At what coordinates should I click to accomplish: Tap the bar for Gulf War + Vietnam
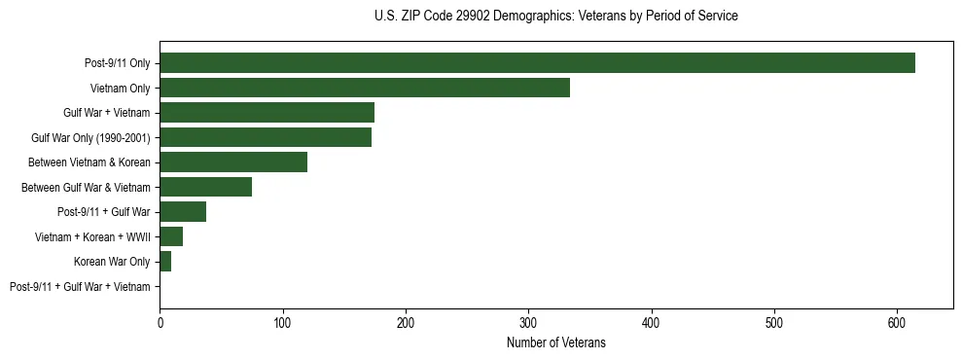pos(267,113)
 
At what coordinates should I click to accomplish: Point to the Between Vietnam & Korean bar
pos(233,162)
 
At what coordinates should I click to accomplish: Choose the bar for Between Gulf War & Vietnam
pos(205,187)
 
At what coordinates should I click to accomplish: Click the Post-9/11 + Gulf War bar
pos(183,212)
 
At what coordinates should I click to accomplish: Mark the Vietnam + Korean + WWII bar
pos(171,236)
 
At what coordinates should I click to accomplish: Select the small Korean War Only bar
pos(165,261)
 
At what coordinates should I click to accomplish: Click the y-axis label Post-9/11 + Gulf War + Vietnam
pos(80,286)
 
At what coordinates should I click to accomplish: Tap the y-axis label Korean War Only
pos(112,262)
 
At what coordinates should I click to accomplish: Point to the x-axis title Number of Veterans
pos(555,342)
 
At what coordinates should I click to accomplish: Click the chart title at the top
pos(555,16)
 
